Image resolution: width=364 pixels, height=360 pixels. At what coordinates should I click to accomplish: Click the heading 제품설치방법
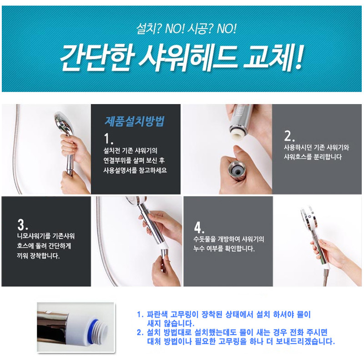click(134, 121)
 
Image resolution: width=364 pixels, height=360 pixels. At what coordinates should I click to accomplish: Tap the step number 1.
click(108, 139)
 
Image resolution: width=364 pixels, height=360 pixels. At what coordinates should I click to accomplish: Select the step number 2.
click(289, 136)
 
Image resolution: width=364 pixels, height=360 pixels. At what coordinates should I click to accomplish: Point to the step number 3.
click(22, 224)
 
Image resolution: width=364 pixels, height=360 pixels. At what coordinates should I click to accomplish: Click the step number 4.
click(199, 227)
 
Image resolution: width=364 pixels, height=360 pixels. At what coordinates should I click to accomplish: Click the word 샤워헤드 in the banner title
click(187, 57)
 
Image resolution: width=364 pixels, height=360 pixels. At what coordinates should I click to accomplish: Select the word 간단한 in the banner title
click(97, 57)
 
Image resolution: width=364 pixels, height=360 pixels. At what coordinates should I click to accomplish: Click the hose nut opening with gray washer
click(236, 170)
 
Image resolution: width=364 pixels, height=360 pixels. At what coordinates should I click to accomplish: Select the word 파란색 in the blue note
click(157, 315)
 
